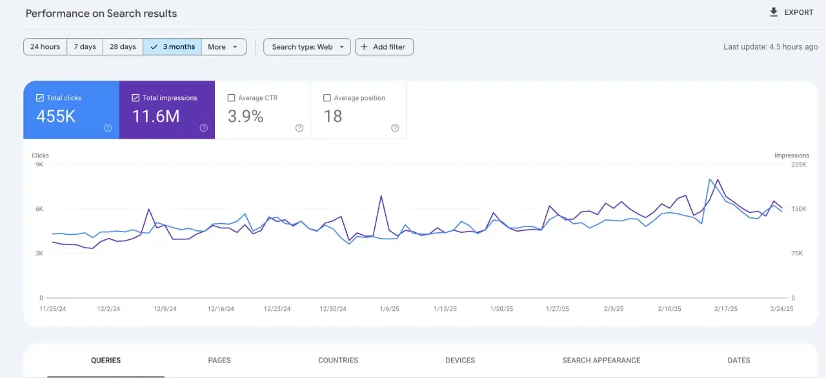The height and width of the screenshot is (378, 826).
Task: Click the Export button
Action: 791,12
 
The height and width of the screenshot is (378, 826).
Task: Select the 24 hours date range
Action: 45,47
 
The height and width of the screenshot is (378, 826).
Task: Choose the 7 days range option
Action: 85,47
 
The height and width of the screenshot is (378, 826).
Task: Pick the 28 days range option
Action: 123,47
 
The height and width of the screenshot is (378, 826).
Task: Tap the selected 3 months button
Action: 172,47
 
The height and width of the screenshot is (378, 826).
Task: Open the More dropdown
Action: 223,47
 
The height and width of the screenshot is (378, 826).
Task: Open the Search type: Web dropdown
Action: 307,47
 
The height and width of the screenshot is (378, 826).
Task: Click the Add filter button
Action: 384,47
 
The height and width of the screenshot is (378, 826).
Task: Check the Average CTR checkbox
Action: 231,97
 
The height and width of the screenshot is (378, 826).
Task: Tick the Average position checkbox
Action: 327,97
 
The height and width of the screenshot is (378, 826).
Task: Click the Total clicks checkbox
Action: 40,97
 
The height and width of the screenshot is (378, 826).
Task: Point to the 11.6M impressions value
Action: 156,116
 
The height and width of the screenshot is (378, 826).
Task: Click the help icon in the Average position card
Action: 395,128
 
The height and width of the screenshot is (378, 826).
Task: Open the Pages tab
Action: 219,361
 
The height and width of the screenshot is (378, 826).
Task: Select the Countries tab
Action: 338,361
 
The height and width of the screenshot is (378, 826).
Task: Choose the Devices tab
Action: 460,361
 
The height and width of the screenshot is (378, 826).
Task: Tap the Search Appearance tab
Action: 601,361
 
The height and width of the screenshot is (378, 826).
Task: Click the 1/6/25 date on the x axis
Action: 389,309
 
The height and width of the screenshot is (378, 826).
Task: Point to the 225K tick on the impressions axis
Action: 799,164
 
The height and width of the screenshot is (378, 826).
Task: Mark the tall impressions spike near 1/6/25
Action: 381,196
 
